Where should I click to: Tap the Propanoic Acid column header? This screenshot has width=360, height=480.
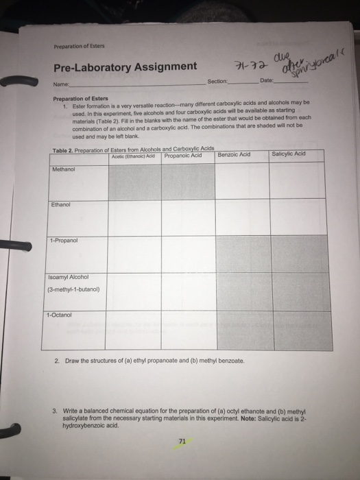tap(183, 155)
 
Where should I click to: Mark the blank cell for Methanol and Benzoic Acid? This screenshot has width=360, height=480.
tap(241, 180)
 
